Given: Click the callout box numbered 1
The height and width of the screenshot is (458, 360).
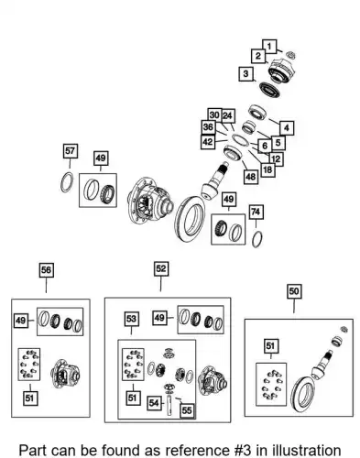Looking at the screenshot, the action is coord(269,47).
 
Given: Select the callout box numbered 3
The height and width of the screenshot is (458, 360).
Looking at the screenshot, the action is coord(246,74).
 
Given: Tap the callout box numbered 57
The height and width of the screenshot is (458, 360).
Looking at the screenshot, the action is coord(70,151).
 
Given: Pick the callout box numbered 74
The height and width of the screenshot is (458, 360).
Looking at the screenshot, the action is coord(256,212).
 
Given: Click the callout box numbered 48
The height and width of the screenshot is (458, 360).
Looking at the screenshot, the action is coord(251,177).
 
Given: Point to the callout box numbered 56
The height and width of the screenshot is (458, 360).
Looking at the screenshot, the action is coord(47,270).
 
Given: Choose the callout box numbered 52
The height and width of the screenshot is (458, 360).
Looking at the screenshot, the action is coord(161,268).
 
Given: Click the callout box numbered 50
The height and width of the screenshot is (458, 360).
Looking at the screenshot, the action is coord(294,291).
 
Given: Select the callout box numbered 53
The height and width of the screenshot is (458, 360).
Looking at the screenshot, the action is coord(131,319).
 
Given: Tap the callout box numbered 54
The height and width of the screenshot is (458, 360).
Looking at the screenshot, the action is coord(154,403).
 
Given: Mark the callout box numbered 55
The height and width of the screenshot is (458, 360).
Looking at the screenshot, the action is coord(187,410).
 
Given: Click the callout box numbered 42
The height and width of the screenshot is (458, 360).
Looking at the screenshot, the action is coord(208,142).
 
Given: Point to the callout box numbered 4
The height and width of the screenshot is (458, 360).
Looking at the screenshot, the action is coord(287,128).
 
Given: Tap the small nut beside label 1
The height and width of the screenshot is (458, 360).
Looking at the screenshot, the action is coord(290,55).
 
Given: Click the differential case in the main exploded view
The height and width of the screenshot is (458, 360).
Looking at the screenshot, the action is coord(149,202).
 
